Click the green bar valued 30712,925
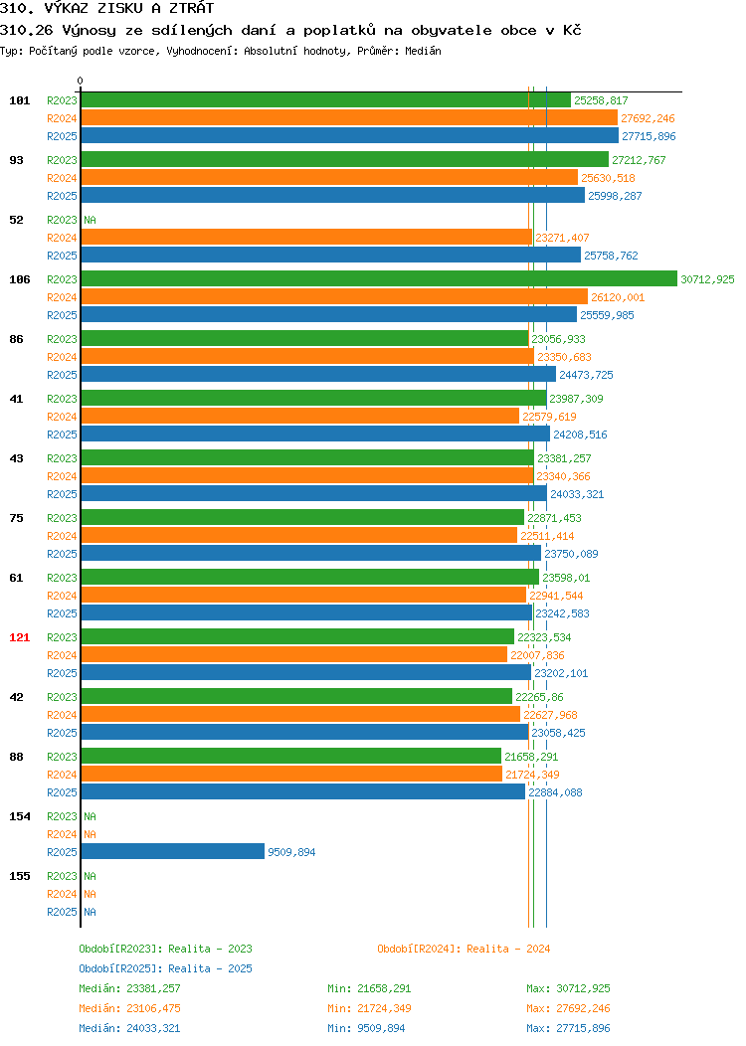pos(379,278)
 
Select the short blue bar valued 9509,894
pos(173,851)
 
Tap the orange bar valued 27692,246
pos(349,118)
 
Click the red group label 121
pos(19,637)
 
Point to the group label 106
pos(19,278)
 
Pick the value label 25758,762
pos(611,256)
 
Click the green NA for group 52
pos(91,220)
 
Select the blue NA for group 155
pos(91,911)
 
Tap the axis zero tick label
pos(81,81)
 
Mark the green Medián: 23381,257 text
pos(129,988)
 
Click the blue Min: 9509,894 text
pos(366,1028)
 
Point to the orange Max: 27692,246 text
pos(568,1008)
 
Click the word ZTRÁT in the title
pos(191,8)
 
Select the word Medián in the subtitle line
pos(423,51)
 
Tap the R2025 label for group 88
pos(62,792)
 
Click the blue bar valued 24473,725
pos(318,374)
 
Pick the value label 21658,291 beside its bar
pos(531,757)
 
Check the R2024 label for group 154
pos(62,834)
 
